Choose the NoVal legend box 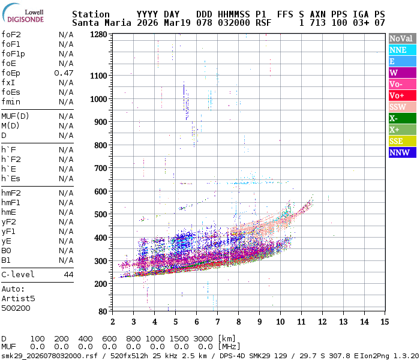point(400,38)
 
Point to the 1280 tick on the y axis point(98,34)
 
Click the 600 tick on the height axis point(101,191)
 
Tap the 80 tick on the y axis point(103,311)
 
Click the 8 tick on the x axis point(238,322)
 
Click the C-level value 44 point(68,274)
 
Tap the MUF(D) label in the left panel point(14,116)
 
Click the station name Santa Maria point(98,23)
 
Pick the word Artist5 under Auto point(18,298)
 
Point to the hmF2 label point(11,193)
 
